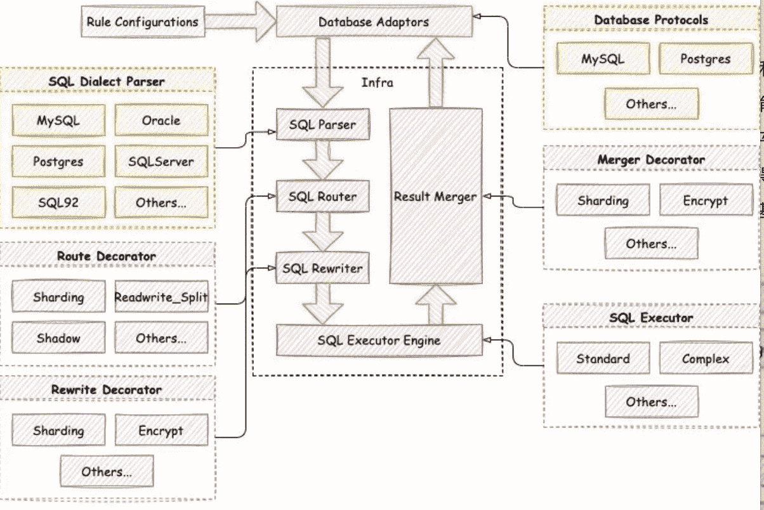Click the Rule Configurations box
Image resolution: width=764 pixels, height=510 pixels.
[143, 22]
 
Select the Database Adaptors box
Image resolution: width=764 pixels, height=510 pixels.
[374, 22]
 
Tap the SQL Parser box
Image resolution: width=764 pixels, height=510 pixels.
[322, 125]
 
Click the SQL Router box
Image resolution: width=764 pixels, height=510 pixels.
[322, 197]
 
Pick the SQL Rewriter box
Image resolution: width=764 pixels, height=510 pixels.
[322, 268]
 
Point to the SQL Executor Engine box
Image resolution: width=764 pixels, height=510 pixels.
[379, 341]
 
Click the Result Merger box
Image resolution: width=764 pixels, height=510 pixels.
[435, 197]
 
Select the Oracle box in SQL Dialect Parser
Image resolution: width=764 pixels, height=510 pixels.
[161, 121]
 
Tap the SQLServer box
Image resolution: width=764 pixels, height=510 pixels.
[161, 162]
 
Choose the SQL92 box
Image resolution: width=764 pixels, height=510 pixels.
[58, 203]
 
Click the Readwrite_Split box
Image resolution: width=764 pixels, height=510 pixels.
[161, 297]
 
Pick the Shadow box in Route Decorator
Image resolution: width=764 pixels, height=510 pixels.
[58, 338]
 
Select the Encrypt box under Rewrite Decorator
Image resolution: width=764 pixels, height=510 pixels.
[161, 431]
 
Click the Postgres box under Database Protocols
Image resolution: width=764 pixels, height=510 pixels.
[705, 59]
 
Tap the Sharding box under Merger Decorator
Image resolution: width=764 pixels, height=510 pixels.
[603, 201]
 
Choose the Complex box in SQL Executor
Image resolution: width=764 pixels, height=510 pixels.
[705, 359]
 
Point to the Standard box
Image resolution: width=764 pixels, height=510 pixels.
[603, 359]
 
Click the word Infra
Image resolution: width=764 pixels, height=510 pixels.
[377, 82]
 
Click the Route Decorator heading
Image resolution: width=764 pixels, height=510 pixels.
[107, 256]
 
